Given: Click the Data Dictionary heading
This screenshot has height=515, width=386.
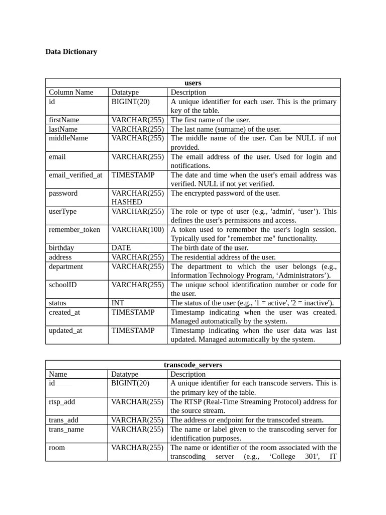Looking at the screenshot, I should [x=71, y=52].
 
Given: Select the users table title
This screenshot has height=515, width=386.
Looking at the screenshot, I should [x=193, y=83].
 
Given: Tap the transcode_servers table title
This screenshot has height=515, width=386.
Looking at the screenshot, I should [x=193, y=365].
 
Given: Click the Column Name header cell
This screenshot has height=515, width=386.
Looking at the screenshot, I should [x=71, y=92].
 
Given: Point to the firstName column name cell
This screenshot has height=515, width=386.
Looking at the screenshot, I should [x=64, y=120].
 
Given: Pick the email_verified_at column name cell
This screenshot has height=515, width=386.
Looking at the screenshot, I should [x=75, y=175].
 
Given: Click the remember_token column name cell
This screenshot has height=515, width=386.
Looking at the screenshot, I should [x=74, y=230].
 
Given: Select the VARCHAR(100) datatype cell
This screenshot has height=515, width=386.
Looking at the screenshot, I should [x=137, y=230].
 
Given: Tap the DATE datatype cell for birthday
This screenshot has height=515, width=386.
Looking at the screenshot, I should [x=121, y=248].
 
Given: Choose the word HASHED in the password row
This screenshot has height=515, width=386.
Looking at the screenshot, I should [x=127, y=202].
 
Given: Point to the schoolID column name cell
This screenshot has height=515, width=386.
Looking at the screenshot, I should [x=63, y=285].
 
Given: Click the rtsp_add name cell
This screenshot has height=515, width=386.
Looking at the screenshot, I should [x=62, y=402].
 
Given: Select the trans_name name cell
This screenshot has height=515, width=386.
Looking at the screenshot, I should [x=66, y=430].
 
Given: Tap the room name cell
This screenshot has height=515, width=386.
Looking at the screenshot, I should [x=57, y=448].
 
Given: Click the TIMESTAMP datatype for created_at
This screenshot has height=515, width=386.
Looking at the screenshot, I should [x=133, y=312].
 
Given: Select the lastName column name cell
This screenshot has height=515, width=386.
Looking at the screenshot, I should [x=63, y=129].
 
